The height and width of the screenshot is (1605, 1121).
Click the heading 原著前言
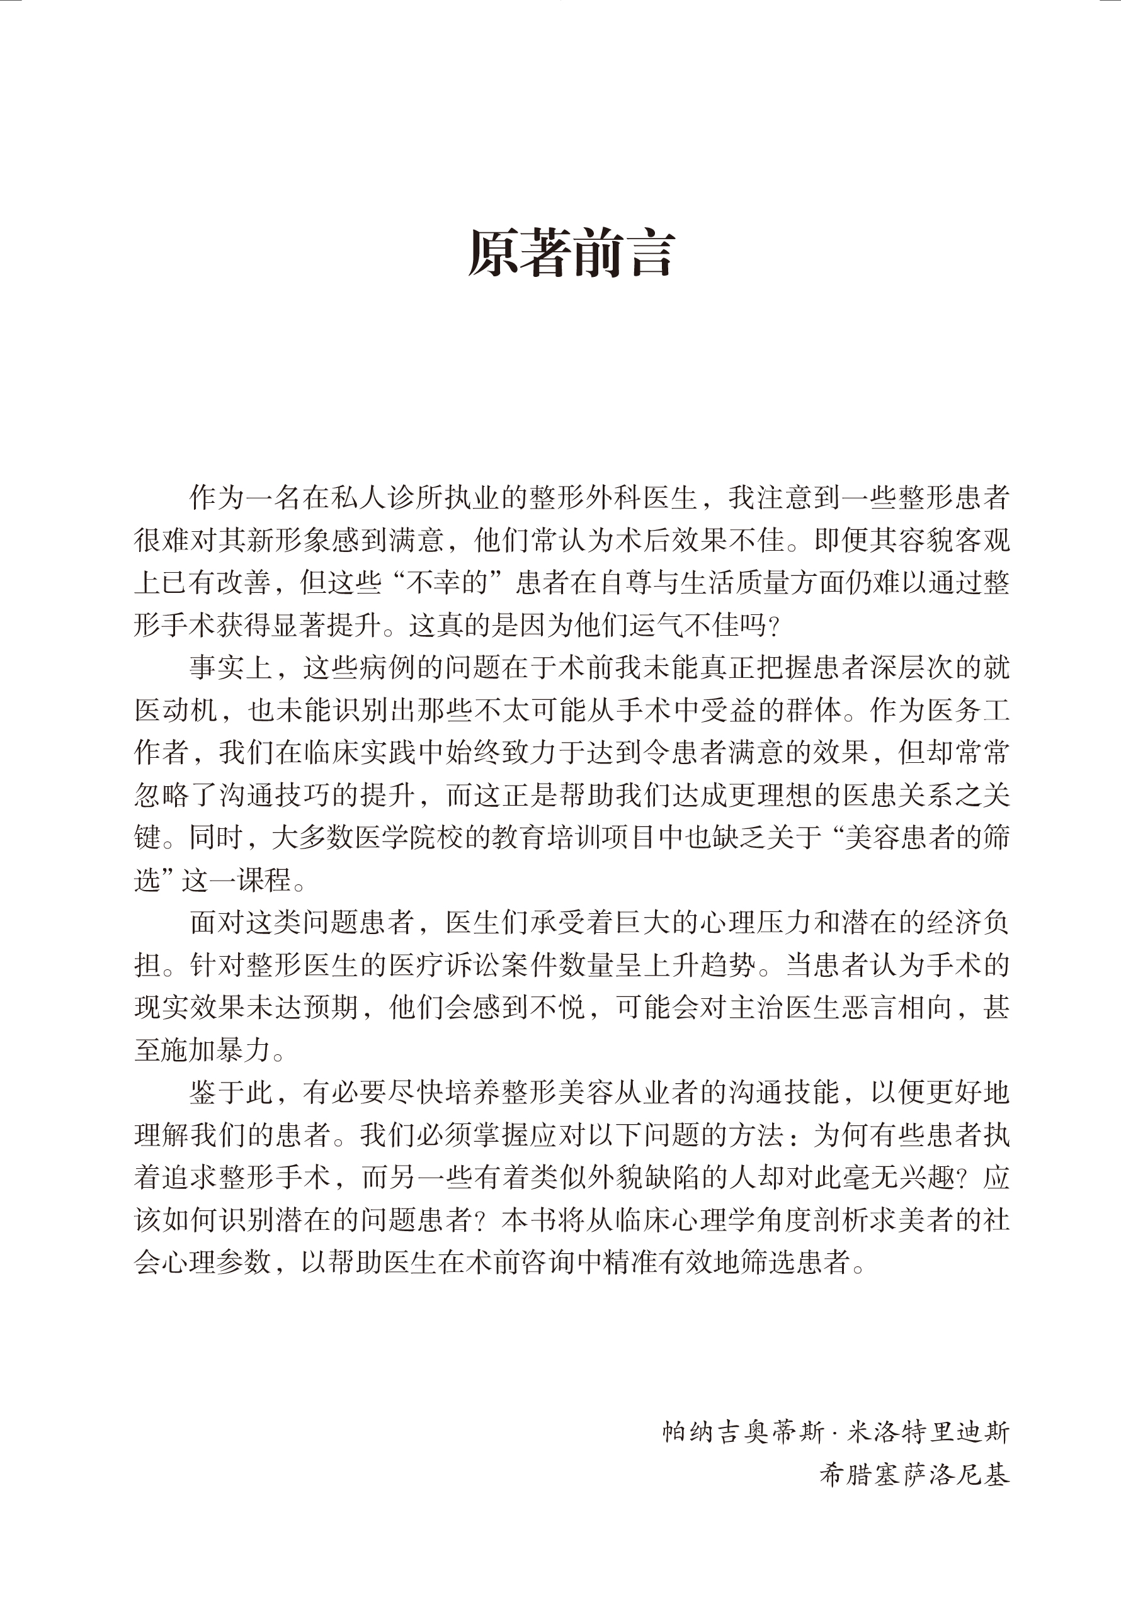(571, 253)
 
